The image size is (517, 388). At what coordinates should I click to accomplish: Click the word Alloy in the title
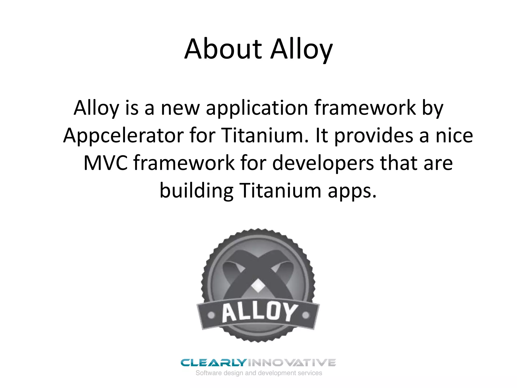coord(301,50)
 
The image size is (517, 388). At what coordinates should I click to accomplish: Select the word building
coord(196,191)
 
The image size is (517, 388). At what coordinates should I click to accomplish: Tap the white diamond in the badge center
coord(258,286)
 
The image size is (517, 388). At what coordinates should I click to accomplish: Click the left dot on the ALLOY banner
coord(211,316)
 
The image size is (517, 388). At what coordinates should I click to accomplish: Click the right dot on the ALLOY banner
coord(306,315)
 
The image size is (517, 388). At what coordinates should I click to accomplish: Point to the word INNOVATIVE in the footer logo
coord(292,363)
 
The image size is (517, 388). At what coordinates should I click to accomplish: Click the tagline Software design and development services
coord(259,373)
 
